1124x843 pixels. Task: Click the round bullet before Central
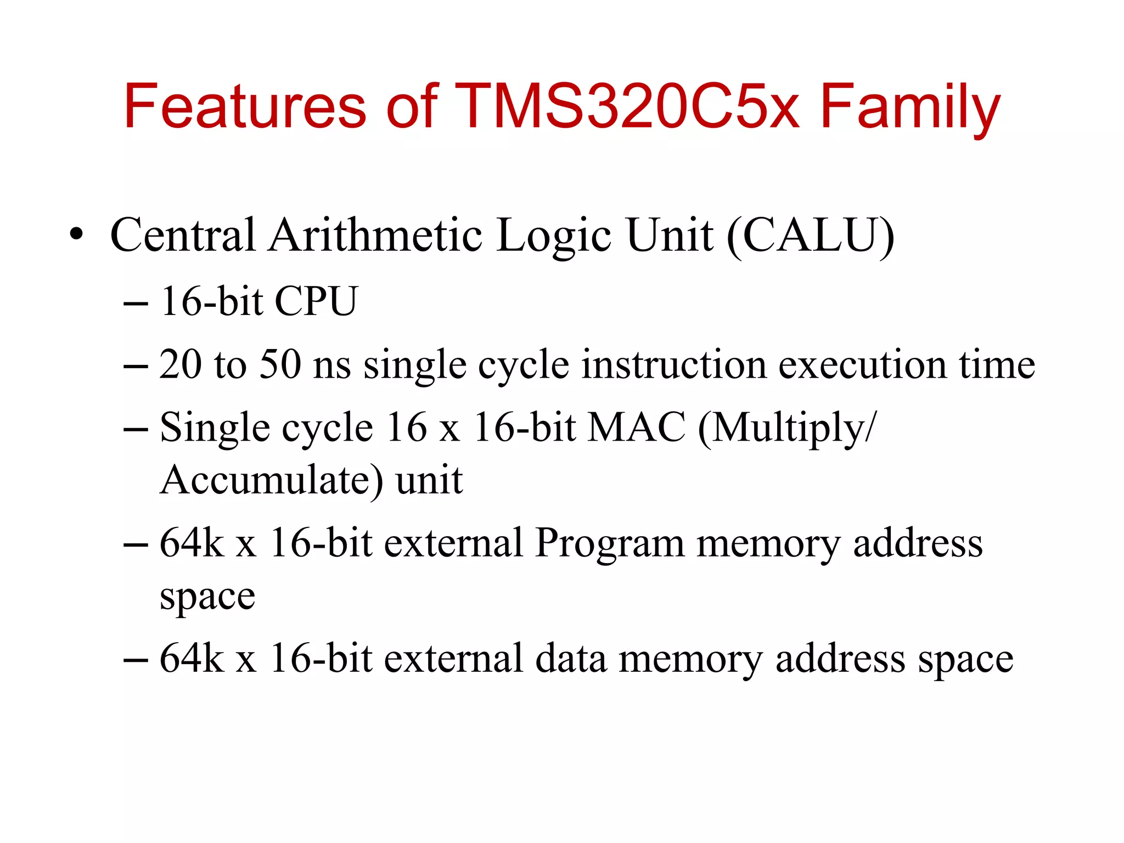pyautogui.click(x=77, y=235)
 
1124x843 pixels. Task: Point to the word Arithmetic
pyautogui.click(x=376, y=235)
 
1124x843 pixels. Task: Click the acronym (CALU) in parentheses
pyautogui.click(x=811, y=236)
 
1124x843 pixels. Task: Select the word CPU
pyautogui.click(x=316, y=301)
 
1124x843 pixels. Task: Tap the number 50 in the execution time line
pyautogui.click(x=280, y=364)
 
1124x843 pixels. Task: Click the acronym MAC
pyautogui.click(x=636, y=427)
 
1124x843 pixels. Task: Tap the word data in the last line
pyautogui.click(x=570, y=658)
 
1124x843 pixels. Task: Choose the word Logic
pyautogui.click(x=554, y=236)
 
